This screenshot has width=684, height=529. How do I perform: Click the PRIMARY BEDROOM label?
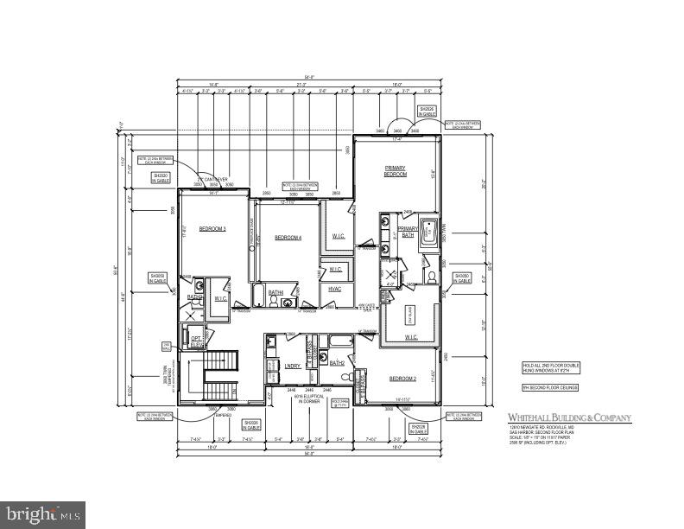pyautogui.click(x=395, y=170)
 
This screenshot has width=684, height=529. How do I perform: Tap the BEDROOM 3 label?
pyautogui.click(x=212, y=229)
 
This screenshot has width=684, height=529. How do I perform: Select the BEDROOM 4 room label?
pyautogui.click(x=288, y=238)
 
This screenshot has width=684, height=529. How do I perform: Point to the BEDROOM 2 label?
pyautogui.click(x=402, y=379)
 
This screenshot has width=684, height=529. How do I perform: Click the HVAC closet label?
pyautogui.click(x=334, y=289)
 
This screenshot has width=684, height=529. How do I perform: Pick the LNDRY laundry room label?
pyautogui.click(x=292, y=366)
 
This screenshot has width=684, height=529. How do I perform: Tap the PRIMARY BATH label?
pyautogui.click(x=408, y=231)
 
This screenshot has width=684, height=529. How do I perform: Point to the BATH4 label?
pyautogui.click(x=275, y=293)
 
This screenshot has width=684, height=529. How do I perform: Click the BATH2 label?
pyautogui.click(x=337, y=364)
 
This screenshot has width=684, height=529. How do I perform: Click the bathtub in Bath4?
pyautogui.click(x=259, y=298)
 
